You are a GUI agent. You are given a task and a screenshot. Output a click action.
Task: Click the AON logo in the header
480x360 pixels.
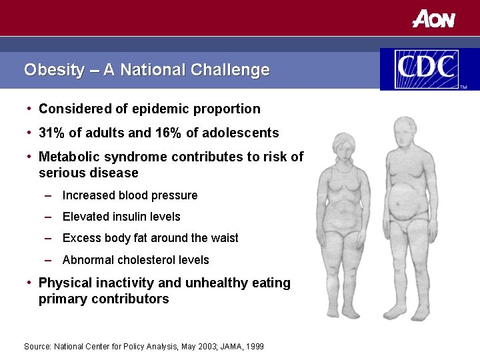click(433, 19)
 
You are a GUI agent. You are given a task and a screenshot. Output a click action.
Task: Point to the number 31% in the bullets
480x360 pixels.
click(51, 133)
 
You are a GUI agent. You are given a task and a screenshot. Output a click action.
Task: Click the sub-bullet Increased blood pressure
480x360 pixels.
click(130, 195)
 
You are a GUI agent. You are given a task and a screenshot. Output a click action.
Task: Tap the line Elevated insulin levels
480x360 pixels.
click(121, 217)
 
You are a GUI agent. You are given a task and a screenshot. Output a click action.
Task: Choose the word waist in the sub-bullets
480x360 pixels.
click(225, 238)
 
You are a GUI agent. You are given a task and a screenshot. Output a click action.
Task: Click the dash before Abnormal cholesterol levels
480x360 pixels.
click(49, 260)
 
